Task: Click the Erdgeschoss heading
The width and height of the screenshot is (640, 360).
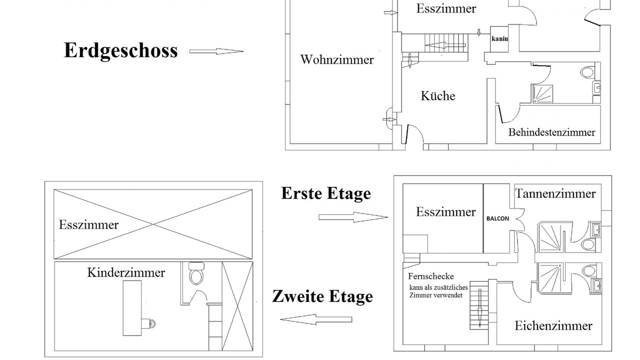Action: click(120, 51)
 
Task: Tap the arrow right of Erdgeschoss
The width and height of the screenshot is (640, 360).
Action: click(216, 51)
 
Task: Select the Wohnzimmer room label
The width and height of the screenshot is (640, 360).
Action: click(337, 59)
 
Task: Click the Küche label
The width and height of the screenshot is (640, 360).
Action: click(437, 95)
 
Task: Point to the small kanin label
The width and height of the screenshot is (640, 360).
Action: click(499, 38)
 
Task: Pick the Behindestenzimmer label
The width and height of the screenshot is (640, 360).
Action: click(551, 132)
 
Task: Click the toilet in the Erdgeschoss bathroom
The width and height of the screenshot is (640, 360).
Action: click(587, 72)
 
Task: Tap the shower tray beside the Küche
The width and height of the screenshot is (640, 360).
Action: click(542, 93)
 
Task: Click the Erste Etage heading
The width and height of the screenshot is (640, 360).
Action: click(326, 193)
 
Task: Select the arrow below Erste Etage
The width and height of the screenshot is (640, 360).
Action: click(353, 217)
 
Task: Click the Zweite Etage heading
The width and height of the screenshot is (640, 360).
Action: click(322, 296)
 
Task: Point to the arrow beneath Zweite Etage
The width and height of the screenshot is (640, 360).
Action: click(316, 319)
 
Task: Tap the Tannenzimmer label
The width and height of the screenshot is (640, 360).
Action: click(555, 193)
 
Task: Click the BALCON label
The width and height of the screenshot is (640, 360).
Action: click(497, 218)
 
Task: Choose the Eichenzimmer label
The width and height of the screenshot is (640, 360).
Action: click(553, 325)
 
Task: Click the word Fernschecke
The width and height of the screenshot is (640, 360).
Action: click(431, 276)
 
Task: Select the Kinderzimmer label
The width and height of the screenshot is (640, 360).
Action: click(126, 272)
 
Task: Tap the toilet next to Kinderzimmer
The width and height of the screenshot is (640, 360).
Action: click(196, 273)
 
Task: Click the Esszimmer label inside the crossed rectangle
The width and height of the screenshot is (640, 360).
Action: click(88, 225)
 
